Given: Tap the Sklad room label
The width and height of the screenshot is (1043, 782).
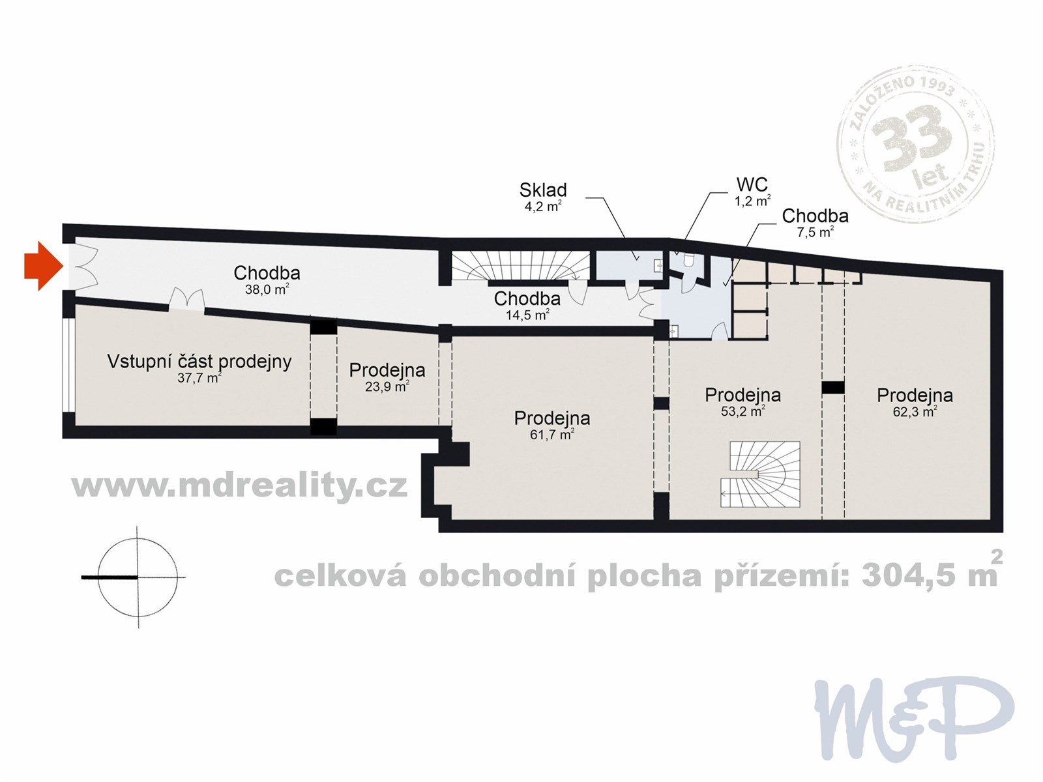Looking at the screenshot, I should click(542, 190).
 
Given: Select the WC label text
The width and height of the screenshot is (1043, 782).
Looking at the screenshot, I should click(752, 184).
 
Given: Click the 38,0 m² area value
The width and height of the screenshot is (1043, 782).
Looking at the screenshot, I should click(267, 289).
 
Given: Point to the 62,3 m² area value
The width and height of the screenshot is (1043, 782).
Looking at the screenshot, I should click(915, 411).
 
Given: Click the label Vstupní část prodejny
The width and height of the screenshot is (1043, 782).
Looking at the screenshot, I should click(199, 361).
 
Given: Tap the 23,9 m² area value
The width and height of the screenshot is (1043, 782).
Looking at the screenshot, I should click(387, 386).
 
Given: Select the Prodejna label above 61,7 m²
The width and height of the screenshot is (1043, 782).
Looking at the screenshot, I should click(551, 418).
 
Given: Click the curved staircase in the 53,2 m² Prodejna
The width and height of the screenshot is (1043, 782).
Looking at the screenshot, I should click(761, 474).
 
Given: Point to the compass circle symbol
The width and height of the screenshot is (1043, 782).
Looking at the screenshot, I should click(138, 577).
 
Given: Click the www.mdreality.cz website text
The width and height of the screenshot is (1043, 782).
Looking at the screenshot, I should click(239, 485).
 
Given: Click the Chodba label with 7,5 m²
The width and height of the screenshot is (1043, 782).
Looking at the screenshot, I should click(815, 216).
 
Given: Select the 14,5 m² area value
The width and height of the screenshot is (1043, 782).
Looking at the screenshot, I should click(527, 315).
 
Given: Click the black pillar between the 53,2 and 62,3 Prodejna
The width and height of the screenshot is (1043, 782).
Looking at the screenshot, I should click(832, 388).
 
